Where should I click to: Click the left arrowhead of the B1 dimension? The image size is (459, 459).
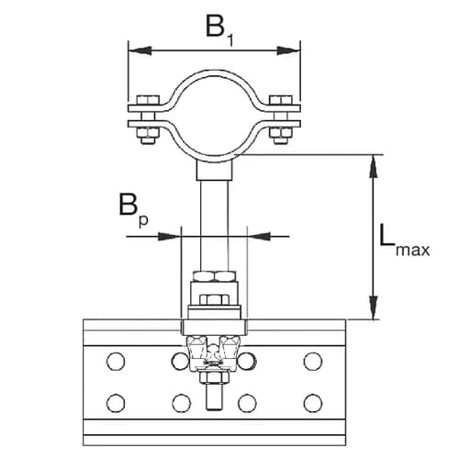tap(134, 49)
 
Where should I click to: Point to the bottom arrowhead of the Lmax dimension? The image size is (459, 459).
tap(374, 312)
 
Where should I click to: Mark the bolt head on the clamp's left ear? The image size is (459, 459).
tap(145, 100)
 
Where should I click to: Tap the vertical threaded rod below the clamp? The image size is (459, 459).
tap(214, 220)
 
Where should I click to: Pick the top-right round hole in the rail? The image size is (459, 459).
tap(313, 360)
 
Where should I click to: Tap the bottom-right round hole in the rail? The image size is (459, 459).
tap(313, 402)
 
